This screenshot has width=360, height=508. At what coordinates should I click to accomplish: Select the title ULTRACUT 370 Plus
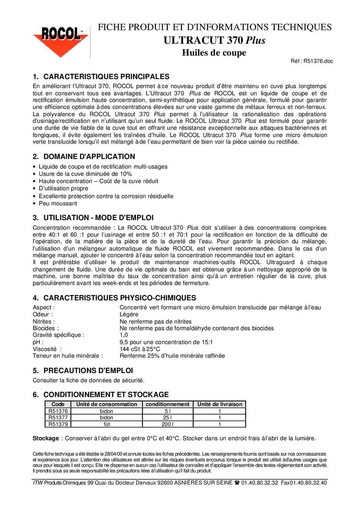214,40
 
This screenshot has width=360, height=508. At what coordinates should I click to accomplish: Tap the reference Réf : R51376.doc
311,61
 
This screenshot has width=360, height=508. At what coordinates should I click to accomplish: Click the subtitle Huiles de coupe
214,53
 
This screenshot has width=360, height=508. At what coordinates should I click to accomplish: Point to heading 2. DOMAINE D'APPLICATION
84,157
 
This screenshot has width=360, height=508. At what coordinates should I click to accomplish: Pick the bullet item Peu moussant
58,203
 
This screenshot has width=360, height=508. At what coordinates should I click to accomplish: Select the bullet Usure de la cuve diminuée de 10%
85,174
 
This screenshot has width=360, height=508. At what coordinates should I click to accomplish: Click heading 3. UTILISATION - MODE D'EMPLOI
93,218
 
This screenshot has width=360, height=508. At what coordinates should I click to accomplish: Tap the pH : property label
38,342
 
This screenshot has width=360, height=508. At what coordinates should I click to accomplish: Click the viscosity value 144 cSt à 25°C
140,349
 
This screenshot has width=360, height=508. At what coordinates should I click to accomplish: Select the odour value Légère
129,314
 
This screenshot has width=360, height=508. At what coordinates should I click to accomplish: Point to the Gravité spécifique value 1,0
124,335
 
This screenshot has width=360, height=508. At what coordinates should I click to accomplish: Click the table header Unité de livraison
220,404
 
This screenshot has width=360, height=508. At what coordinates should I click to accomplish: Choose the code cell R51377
58,418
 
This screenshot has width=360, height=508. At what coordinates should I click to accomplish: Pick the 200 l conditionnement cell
168,424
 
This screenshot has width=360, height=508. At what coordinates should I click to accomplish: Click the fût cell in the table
107,424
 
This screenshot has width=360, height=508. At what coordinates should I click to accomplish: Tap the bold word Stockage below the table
46,438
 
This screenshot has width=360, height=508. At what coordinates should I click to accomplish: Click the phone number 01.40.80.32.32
259,483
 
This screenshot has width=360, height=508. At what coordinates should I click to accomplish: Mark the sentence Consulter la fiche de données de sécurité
89,380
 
